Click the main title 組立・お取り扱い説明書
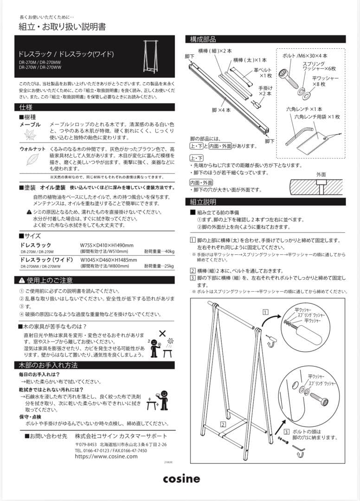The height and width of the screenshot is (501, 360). (62, 26)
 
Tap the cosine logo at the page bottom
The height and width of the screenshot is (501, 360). (181, 478)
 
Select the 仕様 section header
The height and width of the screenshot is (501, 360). (26, 107)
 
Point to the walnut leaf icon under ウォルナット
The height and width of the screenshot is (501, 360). (32, 160)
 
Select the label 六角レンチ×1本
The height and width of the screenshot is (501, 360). (304, 109)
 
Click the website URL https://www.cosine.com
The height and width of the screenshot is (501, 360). (106, 456)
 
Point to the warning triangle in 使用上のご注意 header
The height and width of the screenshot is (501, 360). (22, 280)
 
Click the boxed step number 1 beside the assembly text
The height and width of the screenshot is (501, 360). (193, 240)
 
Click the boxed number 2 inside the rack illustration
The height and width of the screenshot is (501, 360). (223, 424)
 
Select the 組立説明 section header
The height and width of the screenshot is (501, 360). (203, 202)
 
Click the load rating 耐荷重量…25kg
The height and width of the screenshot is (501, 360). (159, 266)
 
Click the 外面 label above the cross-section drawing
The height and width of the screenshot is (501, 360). (321, 174)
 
